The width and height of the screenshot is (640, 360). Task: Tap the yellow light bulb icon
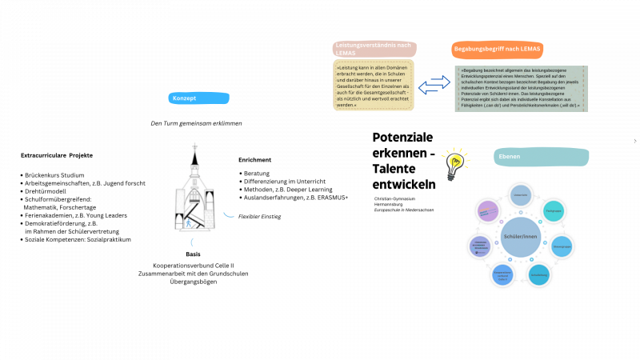point(454,162)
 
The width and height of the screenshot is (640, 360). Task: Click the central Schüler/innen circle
point(520,237)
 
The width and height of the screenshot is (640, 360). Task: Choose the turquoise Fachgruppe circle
point(554,211)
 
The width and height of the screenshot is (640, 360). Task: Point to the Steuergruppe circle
point(562,246)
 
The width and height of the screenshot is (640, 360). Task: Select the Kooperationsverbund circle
point(502,275)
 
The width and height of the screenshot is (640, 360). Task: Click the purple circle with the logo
point(487,211)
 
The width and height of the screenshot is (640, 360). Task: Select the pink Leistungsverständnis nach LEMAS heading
point(374,49)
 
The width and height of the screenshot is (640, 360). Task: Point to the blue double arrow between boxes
point(434,84)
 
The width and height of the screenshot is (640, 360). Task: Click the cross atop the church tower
point(194,146)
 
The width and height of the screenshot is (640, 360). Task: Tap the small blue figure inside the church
point(189,223)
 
